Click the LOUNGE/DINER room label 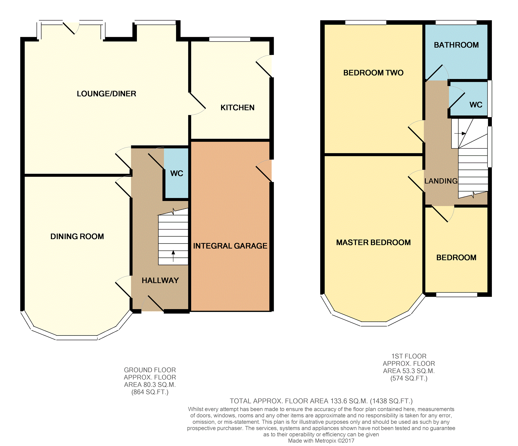106,94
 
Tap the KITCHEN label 237,108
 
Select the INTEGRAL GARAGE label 230,246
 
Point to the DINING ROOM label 77,236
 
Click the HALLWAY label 160,281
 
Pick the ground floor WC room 176,173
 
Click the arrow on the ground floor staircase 173,256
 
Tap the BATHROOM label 456,45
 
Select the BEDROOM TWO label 373,73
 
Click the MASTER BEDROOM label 373,242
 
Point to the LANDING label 441,181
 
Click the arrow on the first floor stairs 460,133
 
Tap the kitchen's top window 230,39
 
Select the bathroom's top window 456,23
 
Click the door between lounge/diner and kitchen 197,104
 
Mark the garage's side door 264,171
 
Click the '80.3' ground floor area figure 148,385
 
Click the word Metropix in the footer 325,441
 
